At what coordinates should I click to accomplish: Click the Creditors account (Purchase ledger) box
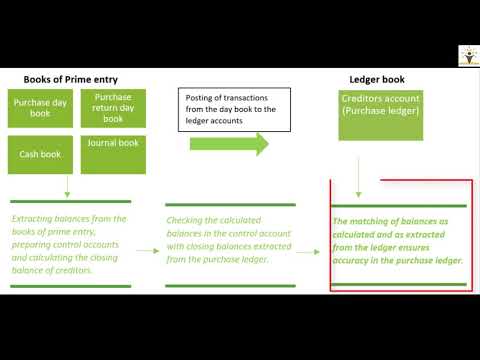(379, 109)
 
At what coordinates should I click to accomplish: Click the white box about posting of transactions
(229, 109)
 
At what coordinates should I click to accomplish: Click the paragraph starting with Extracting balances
(68, 244)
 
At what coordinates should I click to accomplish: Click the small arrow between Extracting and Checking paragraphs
(147, 252)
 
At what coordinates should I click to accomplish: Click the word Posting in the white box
(202, 96)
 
